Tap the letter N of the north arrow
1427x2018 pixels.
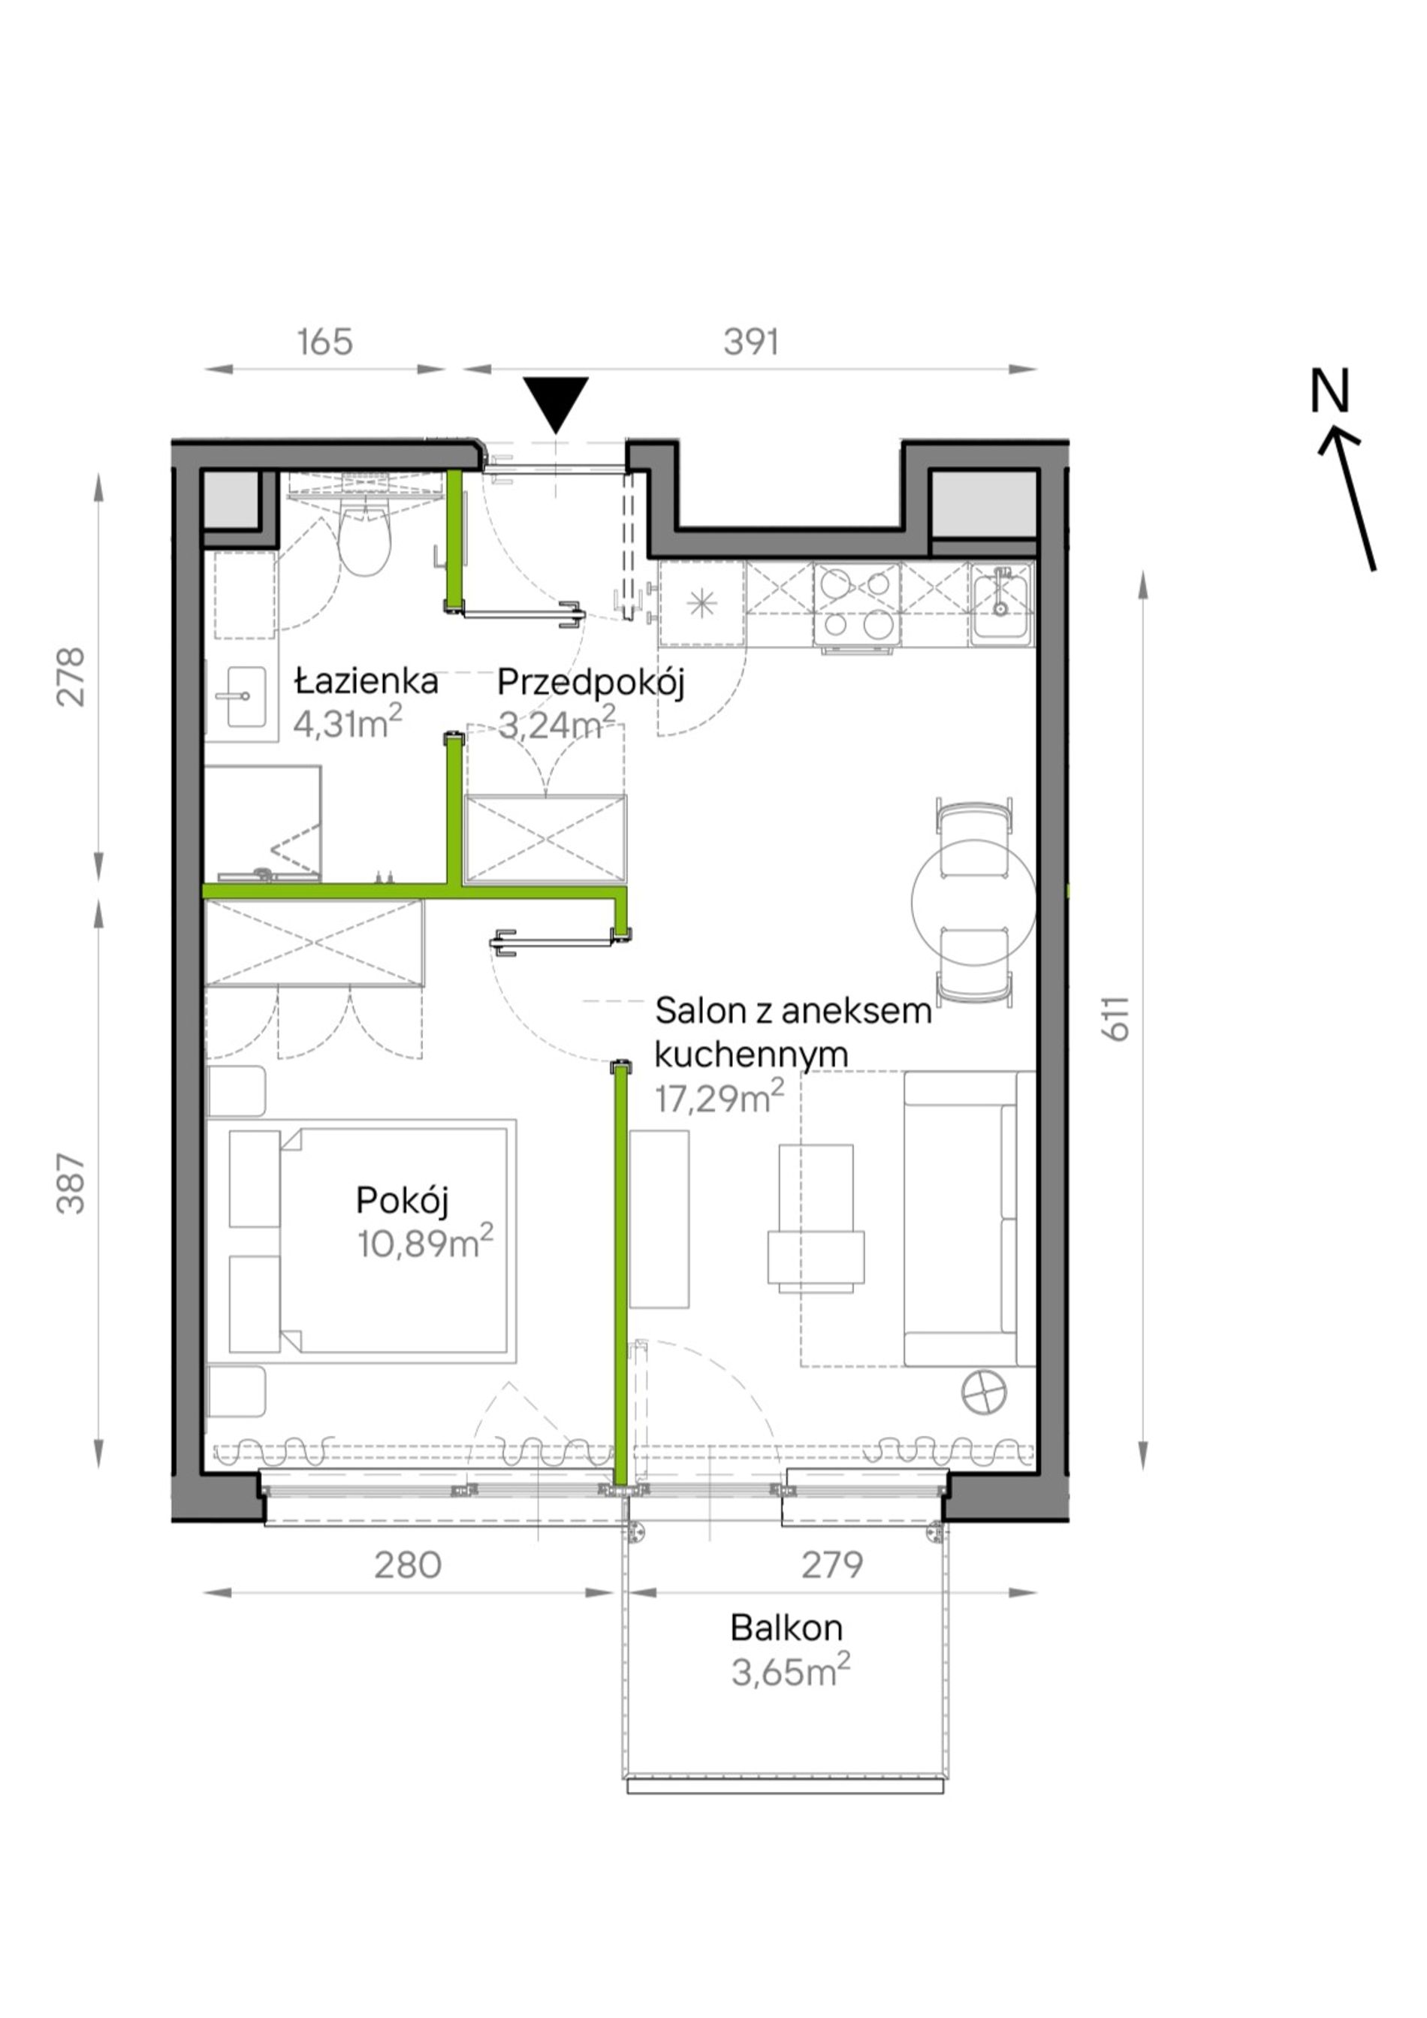coord(1329,392)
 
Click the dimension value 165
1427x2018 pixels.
coord(325,342)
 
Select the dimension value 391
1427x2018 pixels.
coord(751,342)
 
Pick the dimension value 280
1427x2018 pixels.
coord(408,1564)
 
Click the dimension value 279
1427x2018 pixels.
coord(832,1564)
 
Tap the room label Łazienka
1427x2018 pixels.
coord(367,681)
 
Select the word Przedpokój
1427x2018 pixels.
coord(590,683)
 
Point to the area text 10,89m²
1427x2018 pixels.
coord(424,1242)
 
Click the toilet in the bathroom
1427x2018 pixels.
coord(365,537)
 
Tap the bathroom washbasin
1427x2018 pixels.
coord(246,697)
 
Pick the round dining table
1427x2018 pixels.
coord(973,901)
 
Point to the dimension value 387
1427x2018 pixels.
coord(71,1184)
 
